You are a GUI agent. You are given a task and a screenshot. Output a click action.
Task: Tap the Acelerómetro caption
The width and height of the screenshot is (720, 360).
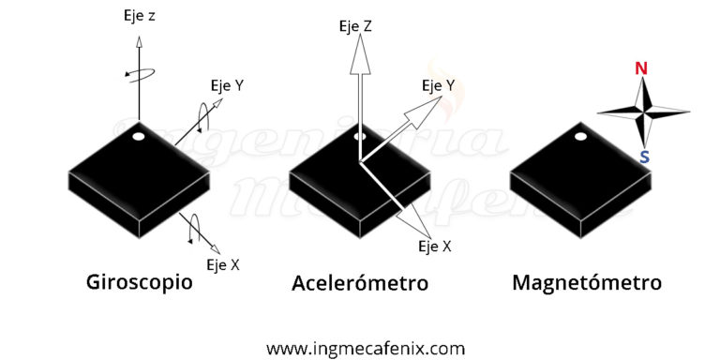[359, 282]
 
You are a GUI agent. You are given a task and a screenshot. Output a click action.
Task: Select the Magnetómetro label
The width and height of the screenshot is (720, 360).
[586, 282]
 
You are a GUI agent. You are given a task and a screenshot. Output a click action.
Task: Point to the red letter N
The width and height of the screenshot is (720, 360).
[641, 68]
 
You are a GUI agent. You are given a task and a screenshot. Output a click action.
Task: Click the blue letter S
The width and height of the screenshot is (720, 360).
[644, 157]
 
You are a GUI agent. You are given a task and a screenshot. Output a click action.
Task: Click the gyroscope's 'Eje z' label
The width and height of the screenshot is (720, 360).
[140, 16]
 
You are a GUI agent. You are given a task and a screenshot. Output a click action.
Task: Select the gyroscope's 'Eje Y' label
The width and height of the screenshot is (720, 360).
[226, 85]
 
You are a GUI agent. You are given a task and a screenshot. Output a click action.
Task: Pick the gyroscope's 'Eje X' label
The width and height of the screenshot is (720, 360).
[223, 265]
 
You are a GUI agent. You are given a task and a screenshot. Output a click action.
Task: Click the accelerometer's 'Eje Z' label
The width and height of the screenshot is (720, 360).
[355, 26]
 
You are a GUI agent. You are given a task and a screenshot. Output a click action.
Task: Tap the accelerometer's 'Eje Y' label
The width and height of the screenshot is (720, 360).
[438, 86]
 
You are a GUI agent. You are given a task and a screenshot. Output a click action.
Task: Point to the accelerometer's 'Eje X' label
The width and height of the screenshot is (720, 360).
[434, 247]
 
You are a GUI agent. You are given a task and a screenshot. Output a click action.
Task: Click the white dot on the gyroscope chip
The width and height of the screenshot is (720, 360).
[140, 137]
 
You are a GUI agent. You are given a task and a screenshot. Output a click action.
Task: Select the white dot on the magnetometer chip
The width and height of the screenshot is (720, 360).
[580, 137]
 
